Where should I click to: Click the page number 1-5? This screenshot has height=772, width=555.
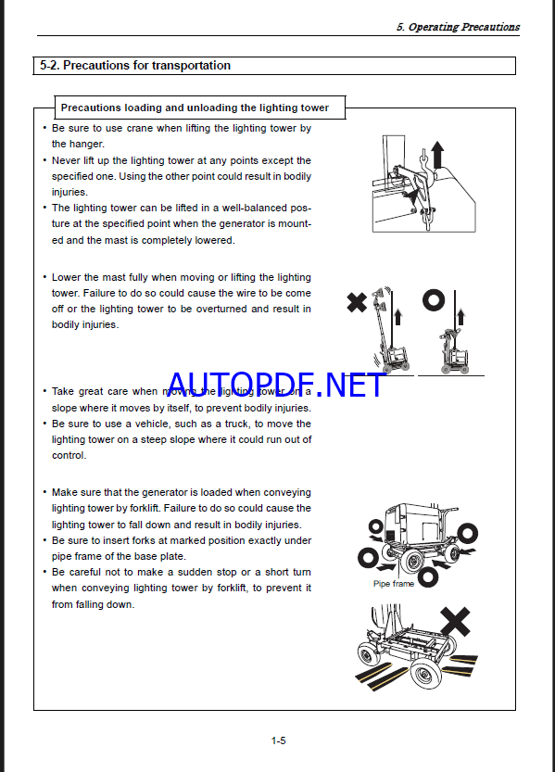click(279, 740)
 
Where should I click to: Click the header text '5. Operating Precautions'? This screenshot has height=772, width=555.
click(458, 27)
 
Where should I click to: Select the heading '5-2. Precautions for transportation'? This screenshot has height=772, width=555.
click(135, 66)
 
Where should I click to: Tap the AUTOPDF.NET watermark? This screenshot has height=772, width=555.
click(275, 385)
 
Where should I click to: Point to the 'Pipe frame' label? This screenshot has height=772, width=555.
click(394, 584)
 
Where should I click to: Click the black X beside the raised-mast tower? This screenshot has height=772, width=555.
click(357, 302)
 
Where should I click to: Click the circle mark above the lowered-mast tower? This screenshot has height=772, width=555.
click(434, 300)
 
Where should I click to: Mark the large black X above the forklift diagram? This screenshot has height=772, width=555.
click(455, 622)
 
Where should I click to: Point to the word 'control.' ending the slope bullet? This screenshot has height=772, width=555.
click(69, 455)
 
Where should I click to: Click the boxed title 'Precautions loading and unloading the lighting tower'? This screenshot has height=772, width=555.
click(195, 108)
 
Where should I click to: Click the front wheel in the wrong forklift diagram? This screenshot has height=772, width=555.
click(424, 674)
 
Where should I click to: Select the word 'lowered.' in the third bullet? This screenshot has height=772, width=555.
click(217, 240)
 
